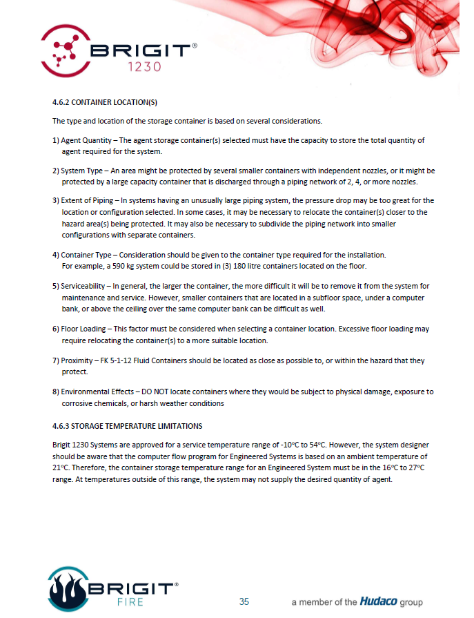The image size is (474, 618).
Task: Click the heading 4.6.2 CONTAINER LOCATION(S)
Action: coord(105,103)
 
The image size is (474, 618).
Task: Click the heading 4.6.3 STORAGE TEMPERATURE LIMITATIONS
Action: coord(128,425)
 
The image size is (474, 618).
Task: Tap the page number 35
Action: coord(244,601)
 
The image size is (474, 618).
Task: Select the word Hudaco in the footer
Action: coord(378,601)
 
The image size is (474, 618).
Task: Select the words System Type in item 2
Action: coord(81,170)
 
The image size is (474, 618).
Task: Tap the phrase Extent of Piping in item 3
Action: coord(87,200)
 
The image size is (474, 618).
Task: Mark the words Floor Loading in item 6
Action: coord(83,329)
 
